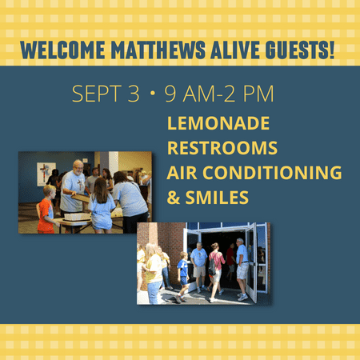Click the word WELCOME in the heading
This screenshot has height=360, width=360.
pos(62,50)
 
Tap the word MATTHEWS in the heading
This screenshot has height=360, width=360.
pos(158,50)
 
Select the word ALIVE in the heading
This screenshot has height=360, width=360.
pos(235,50)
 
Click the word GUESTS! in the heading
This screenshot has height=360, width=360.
pos(300,50)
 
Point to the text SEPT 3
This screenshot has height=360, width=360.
pos(106,94)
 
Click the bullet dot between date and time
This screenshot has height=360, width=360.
pos(153,93)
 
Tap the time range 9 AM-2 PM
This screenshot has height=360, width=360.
pos(219,94)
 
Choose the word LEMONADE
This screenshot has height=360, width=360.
pos(218,123)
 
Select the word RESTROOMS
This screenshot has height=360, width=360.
pos(222,148)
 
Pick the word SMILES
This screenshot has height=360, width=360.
pos(217,198)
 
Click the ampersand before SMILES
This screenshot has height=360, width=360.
pos(174,198)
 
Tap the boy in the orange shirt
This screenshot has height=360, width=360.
pos(46,210)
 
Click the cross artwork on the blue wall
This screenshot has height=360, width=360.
pos(46,174)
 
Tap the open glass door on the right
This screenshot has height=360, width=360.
pos(252,263)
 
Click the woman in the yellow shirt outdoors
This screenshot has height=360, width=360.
pos(153,274)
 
